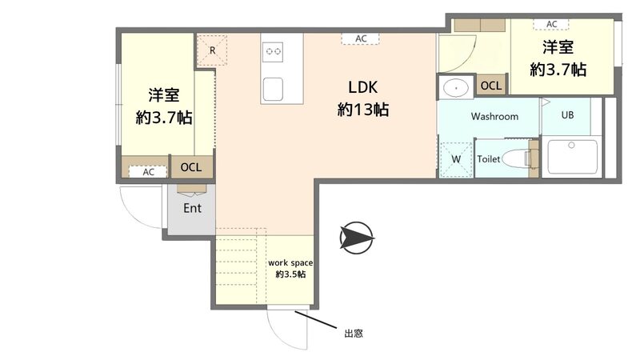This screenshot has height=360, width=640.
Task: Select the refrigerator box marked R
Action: pyautogui.click(x=212, y=50)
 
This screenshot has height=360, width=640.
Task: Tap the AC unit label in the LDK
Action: pyautogui.click(x=362, y=38)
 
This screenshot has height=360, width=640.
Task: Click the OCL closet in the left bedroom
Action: pyautogui.click(x=191, y=167)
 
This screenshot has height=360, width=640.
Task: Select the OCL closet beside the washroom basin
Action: pyautogui.click(x=490, y=85)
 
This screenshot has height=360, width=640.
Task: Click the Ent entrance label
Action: pyautogui.click(x=192, y=208)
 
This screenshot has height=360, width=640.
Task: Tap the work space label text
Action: pyautogui.click(x=290, y=267)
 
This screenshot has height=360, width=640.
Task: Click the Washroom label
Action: pyautogui.click(x=494, y=116)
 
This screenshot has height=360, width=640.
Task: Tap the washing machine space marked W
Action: pyautogui.click(x=456, y=158)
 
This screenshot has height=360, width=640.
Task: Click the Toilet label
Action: pyautogui.click(x=489, y=159)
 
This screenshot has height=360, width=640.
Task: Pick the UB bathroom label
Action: pyautogui.click(x=566, y=115)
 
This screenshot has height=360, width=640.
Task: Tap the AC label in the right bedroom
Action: pyautogui.click(x=551, y=24)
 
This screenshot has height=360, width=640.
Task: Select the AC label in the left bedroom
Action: pyautogui.click(x=148, y=171)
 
